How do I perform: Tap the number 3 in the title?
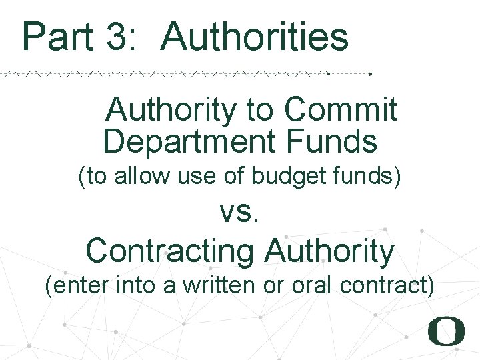[121, 37]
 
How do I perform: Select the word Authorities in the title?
[255, 37]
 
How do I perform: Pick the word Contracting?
[170, 251]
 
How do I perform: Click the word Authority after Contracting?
[329, 251]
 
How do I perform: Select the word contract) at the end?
[387, 286]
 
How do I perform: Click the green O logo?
[446, 331]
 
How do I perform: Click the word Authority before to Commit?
[170, 110]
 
